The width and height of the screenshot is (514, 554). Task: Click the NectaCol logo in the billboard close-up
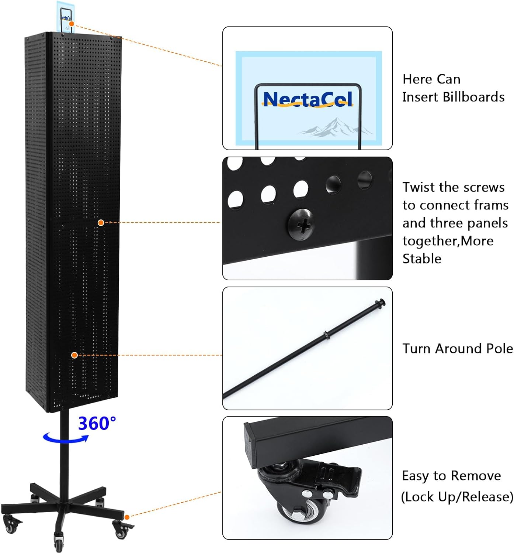308,100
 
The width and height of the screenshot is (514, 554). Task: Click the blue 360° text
97,424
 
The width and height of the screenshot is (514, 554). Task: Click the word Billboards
473,97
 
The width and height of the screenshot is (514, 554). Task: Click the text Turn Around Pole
458,349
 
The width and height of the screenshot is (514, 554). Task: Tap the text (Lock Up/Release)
457,497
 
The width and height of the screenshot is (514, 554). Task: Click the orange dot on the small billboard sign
72,24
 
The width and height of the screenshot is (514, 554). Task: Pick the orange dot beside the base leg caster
127,517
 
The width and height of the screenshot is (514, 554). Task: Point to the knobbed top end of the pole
380,302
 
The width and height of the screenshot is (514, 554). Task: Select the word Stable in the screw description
422,259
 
